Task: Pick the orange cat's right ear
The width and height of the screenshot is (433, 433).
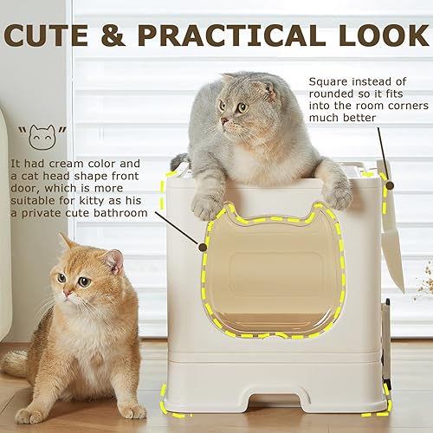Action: point(64,241)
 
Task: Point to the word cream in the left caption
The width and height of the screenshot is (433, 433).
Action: point(89,164)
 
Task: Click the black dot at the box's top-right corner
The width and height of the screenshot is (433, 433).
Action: point(389,184)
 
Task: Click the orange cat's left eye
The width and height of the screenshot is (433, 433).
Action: point(84,281)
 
